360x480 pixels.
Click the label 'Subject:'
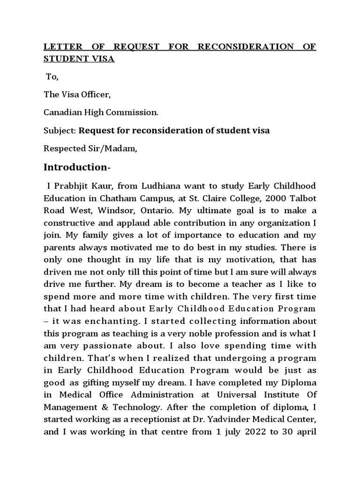(x=60, y=130)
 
